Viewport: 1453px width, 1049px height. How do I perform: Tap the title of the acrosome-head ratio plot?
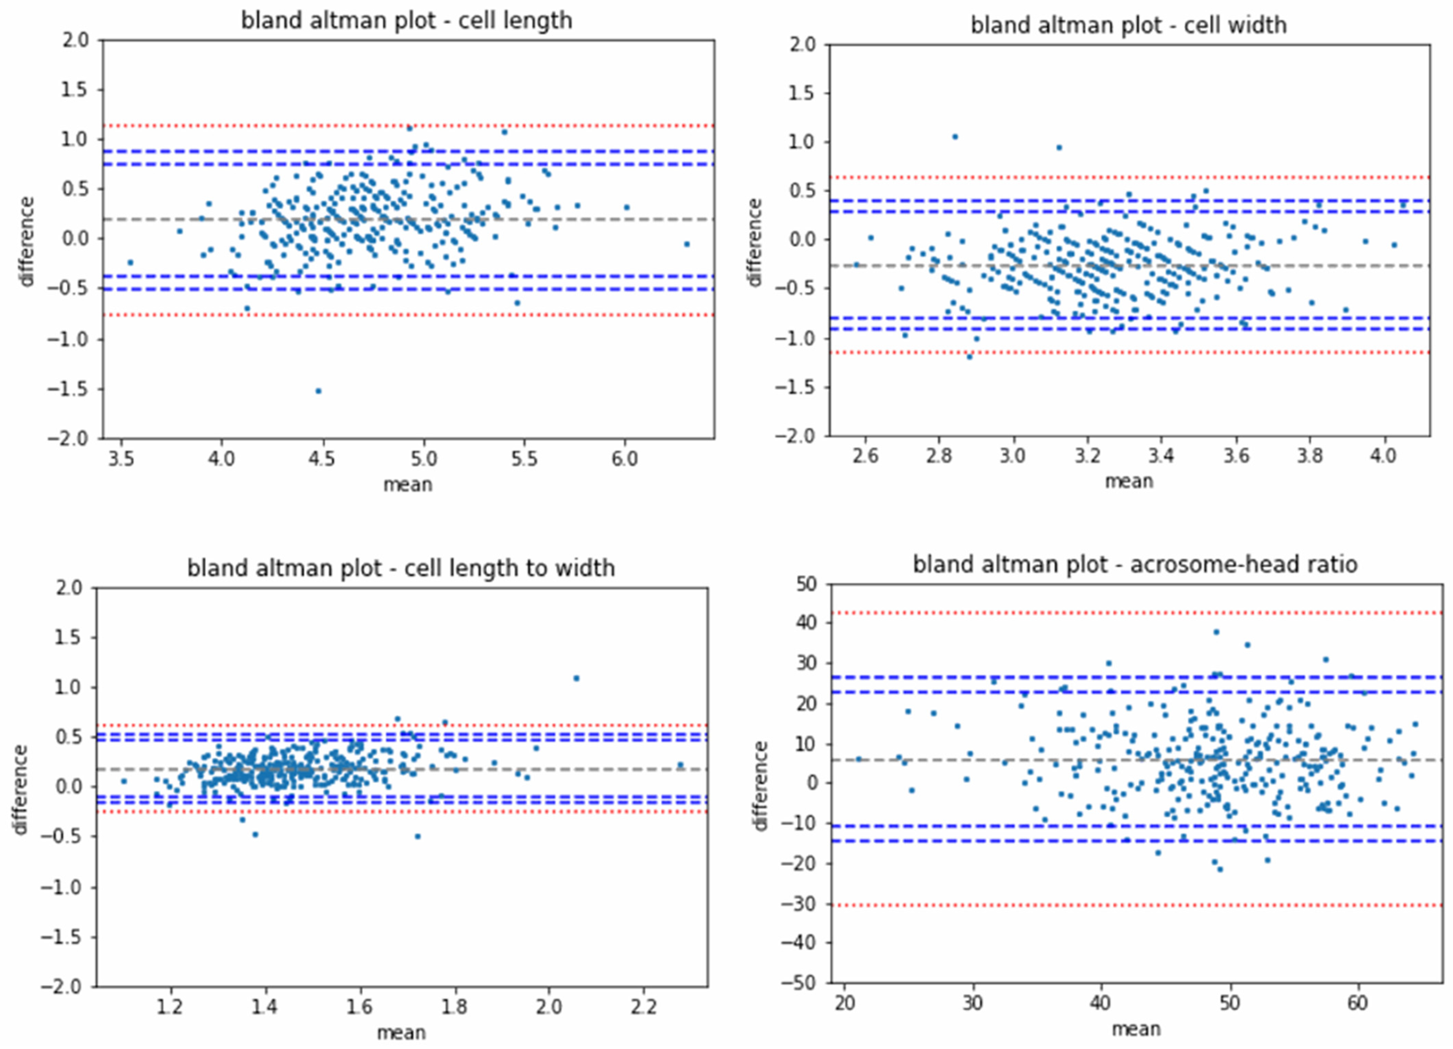(1135, 564)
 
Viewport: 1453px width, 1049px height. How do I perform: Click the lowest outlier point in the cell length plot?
(318, 391)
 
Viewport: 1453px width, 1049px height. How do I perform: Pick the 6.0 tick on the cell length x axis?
(625, 459)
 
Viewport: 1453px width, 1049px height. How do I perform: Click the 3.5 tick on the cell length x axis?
(121, 459)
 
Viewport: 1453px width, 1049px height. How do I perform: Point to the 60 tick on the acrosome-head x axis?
(1357, 1003)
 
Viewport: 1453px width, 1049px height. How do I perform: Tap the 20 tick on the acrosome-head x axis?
(845, 1003)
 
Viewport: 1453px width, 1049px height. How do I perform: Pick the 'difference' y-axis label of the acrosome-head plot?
(761, 786)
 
